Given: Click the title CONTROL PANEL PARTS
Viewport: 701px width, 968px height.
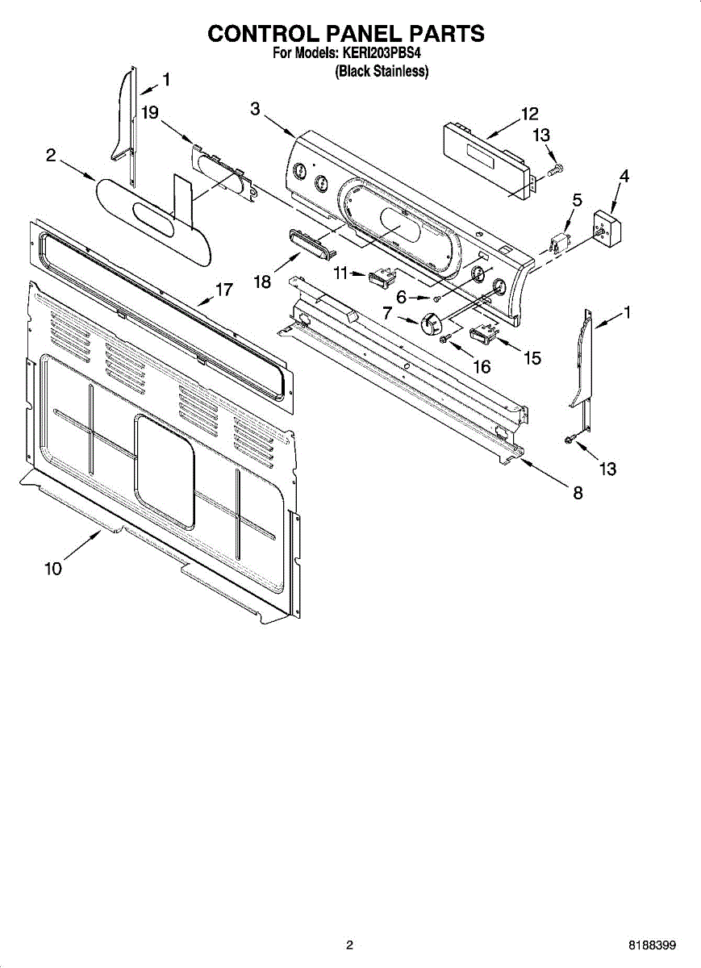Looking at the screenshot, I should click(346, 34).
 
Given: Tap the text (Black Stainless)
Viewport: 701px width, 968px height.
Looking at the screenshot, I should click(382, 71).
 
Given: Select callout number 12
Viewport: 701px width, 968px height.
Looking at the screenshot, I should click(529, 114).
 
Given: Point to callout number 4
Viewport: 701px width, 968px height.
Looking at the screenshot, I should click(624, 176).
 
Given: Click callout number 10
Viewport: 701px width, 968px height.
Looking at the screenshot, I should click(52, 569).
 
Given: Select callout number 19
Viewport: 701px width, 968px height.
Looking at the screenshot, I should click(150, 113).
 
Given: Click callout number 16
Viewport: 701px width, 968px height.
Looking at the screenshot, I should click(481, 366).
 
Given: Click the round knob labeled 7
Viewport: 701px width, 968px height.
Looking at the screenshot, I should click(432, 322).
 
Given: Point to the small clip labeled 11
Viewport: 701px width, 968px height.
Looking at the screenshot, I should click(379, 278).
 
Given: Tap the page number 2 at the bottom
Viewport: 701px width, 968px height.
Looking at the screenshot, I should click(349, 945).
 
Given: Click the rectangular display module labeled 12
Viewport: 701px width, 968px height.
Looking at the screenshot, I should click(487, 159).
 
